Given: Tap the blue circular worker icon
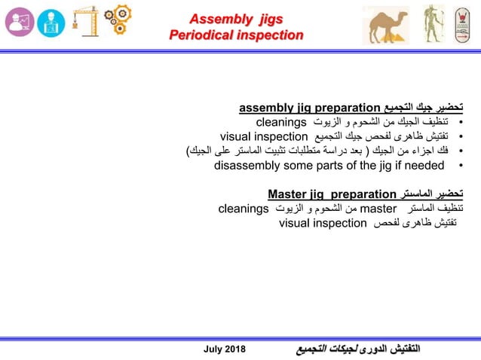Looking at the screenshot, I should pyautogui.click(x=51, y=23).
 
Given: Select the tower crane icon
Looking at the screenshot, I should pyautogui.click(x=85, y=21).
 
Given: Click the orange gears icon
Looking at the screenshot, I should pyautogui.click(x=118, y=21).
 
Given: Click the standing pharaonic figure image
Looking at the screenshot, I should pyautogui.click(x=430, y=24).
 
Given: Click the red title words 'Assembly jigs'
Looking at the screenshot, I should pyautogui.click(x=235, y=18).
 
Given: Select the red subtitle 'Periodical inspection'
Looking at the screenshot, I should pyautogui.click(x=235, y=35).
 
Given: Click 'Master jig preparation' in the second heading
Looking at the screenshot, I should pyautogui.click(x=332, y=194).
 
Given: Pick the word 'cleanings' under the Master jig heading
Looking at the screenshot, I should pyautogui.click(x=244, y=208).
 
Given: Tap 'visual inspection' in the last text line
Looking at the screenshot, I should pyautogui.click(x=323, y=223).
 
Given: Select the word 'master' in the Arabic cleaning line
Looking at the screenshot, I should pyautogui.click(x=379, y=208).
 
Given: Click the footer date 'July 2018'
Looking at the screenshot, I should pyautogui.click(x=225, y=349).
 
